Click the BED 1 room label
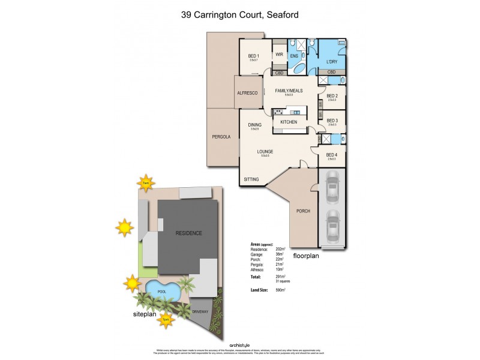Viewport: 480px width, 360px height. click(253, 56)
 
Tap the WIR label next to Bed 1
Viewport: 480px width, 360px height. click(279, 54)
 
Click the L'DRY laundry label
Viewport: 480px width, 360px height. click(331, 62)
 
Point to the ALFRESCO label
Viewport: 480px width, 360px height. click(247, 93)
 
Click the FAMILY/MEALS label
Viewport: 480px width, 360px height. click(288, 91)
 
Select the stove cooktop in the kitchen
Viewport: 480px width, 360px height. click(278, 112)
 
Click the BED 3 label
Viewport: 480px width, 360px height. click(332, 121)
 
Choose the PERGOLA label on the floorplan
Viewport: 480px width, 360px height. click(221, 137)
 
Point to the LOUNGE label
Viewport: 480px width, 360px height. click(265, 152)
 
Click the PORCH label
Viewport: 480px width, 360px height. click(303, 211)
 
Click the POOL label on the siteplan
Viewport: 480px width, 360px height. click(161, 292)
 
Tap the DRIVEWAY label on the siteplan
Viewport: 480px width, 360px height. click(200, 312)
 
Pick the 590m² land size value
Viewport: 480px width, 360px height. click(280, 290)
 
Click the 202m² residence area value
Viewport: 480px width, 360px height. click(280, 248)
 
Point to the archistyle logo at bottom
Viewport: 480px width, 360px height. click(239, 345)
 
